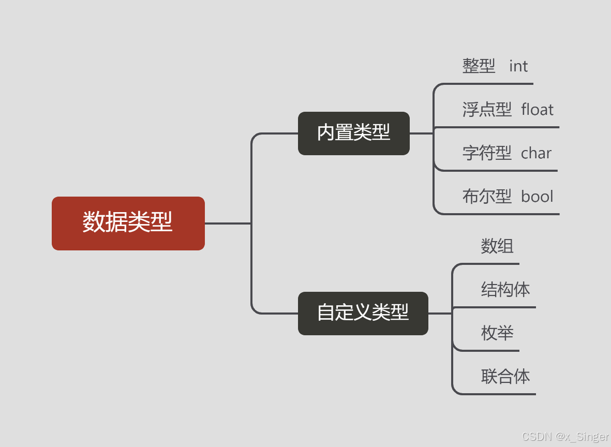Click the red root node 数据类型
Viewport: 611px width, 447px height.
[x=128, y=223]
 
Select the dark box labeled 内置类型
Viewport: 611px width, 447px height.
[x=353, y=133]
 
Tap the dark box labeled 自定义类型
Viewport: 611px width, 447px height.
[x=363, y=313]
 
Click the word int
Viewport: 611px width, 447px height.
[x=518, y=66]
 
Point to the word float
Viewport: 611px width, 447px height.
[x=537, y=110]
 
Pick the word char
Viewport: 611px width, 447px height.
[x=536, y=153]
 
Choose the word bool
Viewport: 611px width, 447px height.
[x=537, y=197]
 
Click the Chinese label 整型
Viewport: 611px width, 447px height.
[x=479, y=66]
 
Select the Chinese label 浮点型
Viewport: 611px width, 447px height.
[x=487, y=110]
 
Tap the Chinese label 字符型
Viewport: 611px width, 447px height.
[x=487, y=153]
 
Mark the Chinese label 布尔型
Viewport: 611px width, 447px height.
[x=487, y=197]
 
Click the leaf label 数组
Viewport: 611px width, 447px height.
[x=497, y=246]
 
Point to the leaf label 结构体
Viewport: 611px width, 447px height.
[x=505, y=290]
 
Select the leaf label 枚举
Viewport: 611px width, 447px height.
[x=497, y=333]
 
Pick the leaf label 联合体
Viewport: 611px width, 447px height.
[x=505, y=377]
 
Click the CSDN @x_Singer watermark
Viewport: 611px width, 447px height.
[x=565, y=437]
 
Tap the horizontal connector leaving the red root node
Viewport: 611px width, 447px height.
[x=228, y=224]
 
